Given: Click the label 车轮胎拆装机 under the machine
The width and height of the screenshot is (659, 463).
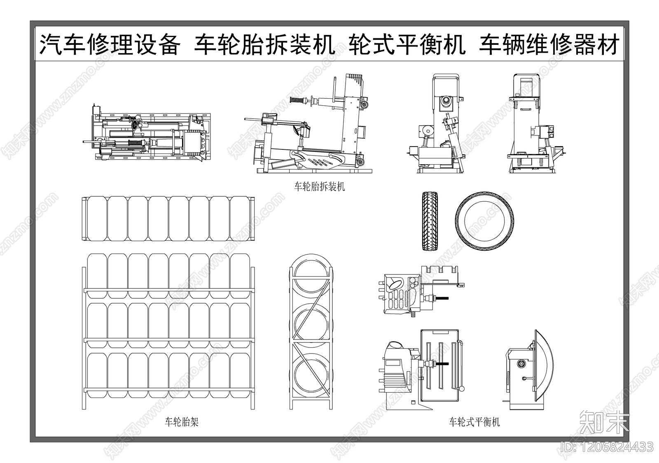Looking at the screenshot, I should (319, 187).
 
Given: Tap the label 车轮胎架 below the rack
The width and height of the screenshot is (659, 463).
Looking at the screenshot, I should (182, 422).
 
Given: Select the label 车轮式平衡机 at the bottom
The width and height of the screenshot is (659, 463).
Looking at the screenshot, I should (474, 422).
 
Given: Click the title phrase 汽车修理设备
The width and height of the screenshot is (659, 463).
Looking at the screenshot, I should (110, 45).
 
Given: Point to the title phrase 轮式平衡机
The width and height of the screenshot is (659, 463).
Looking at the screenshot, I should (407, 45).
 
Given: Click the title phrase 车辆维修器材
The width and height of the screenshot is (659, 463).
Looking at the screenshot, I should (549, 45).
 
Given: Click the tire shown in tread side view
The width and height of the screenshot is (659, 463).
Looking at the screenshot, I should (430, 221).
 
